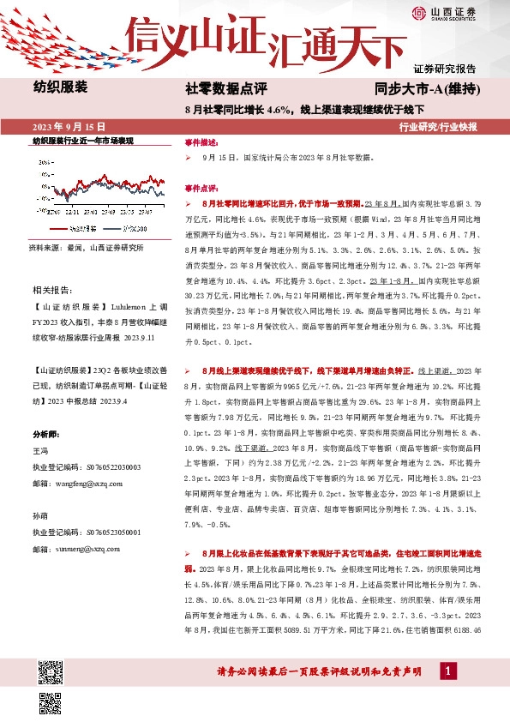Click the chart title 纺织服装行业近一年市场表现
coord(83,140)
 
